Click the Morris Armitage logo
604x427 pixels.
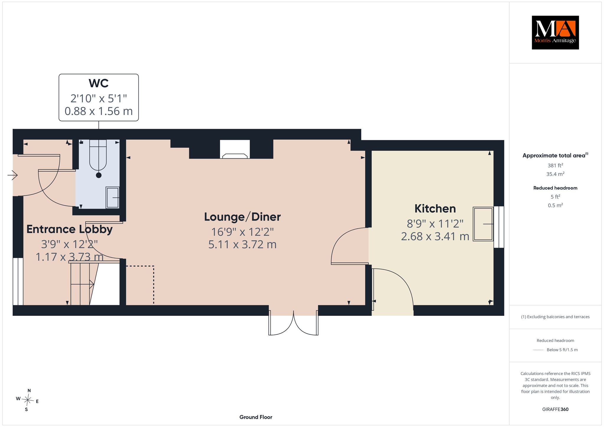[x=555, y=32]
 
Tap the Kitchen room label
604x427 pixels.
[x=435, y=208]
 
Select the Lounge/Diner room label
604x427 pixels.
[x=242, y=217]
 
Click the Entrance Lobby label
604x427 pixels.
[x=70, y=229]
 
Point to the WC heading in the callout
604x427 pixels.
[x=99, y=83]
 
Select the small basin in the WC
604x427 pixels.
[x=112, y=198]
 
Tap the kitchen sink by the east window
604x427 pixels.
[x=483, y=224]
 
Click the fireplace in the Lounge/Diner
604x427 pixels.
[x=235, y=149]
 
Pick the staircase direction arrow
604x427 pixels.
[x=82, y=284]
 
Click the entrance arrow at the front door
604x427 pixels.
[x=13, y=175]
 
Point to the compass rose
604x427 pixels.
[x=27, y=400]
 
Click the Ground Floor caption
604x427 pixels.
[x=256, y=417]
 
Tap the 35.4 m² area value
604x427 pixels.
[x=555, y=174]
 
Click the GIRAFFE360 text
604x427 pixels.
[x=555, y=409]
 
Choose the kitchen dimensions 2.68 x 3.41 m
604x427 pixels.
[x=435, y=237]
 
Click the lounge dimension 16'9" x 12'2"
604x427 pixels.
[x=242, y=232]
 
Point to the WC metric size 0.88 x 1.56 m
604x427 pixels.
[x=99, y=111]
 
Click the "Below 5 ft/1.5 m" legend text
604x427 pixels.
[x=562, y=350]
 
